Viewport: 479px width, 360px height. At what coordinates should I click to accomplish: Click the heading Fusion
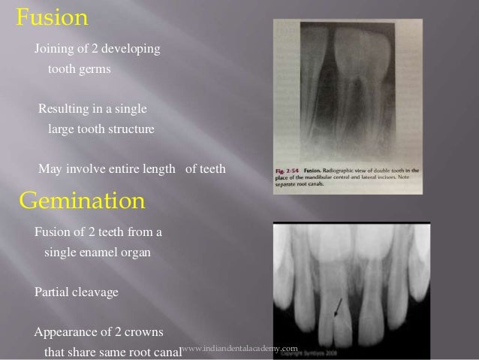[x=50, y=18]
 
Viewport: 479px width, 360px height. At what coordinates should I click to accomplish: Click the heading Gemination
[x=80, y=201]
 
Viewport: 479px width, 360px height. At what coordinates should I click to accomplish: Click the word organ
[x=135, y=253]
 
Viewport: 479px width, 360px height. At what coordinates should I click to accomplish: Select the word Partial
[x=53, y=292]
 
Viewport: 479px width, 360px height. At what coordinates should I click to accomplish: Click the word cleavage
[x=96, y=292]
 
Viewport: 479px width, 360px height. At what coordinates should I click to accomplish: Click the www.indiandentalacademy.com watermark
[x=240, y=347]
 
